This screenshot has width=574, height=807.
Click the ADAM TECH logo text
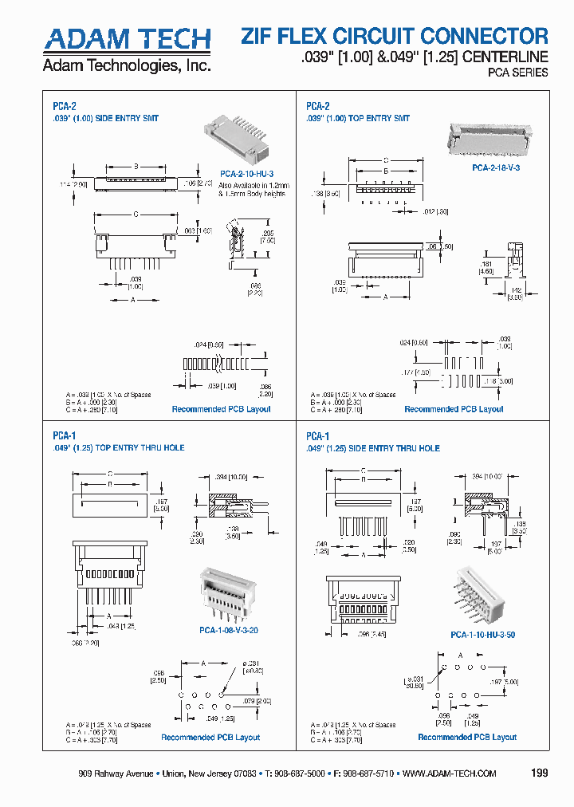[x=126, y=39]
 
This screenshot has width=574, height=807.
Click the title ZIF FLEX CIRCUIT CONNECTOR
[x=395, y=36]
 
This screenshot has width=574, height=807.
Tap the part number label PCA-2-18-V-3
[x=496, y=167]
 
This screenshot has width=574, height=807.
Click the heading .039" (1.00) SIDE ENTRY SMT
[x=106, y=118]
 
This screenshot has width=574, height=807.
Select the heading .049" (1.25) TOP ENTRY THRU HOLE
[x=119, y=448]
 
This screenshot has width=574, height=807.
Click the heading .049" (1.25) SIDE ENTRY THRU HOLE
[x=373, y=448]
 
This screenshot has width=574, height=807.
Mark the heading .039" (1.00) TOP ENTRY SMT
[x=358, y=118]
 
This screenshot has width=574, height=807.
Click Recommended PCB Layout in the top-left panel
[x=221, y=409]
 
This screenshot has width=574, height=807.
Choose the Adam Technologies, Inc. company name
[x=126, y=65]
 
